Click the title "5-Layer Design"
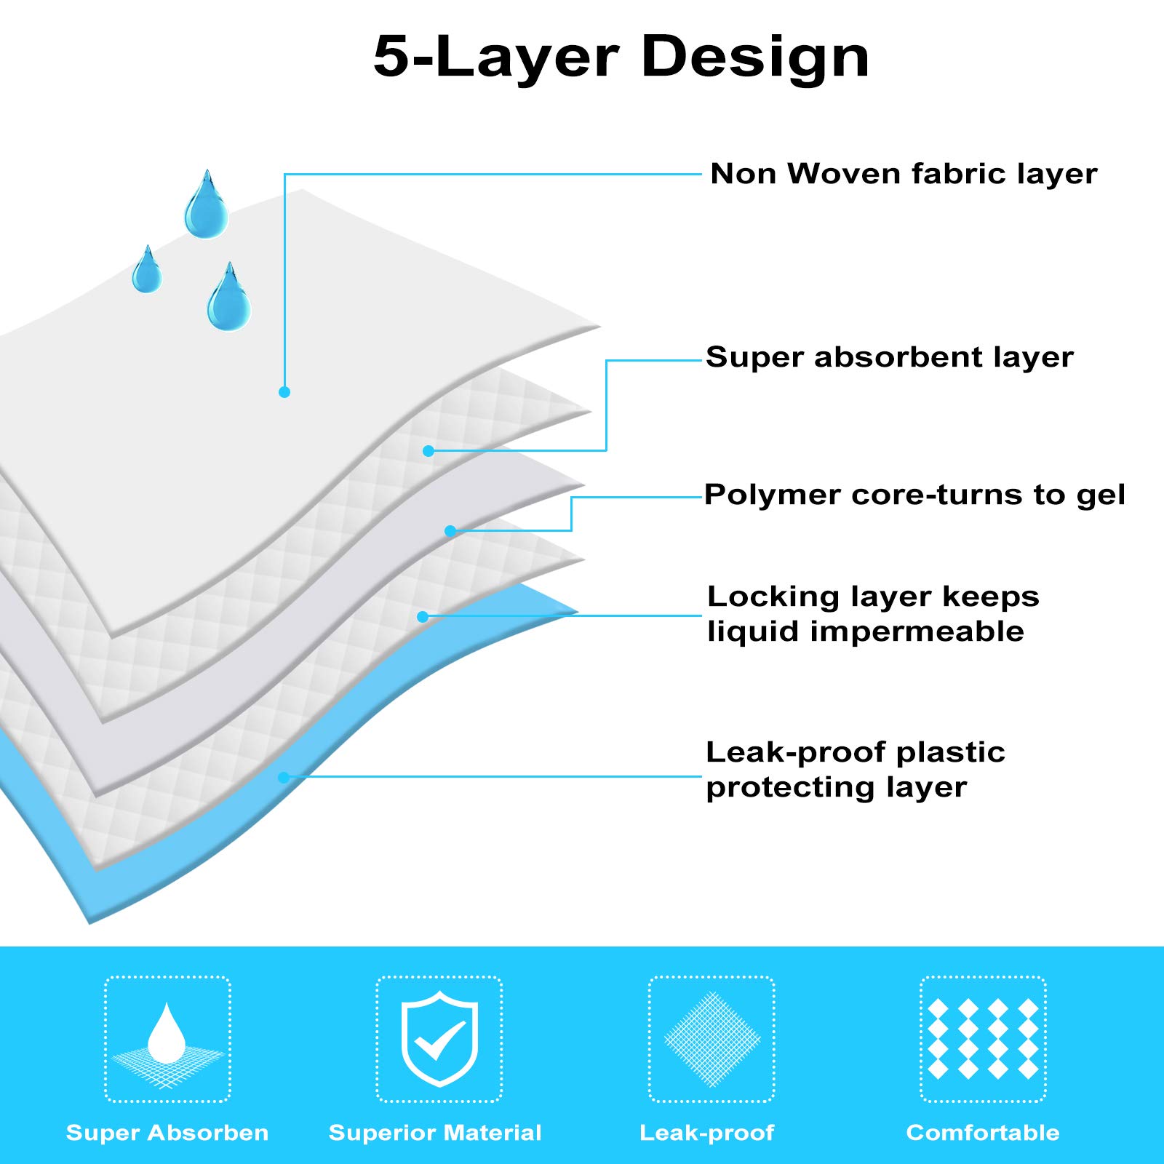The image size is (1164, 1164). coord(621,57)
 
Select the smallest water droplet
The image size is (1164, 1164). coord(147,271)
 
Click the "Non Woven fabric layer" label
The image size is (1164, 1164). coord(904,175)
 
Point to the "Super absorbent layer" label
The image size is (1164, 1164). coord(890,357)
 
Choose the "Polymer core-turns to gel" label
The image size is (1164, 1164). coord(914,495)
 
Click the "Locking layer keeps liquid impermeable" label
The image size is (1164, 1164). coord(873,614)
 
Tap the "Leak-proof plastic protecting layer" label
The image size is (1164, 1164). coord(856,770)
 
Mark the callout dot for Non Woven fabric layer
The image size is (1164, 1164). coord(284,392)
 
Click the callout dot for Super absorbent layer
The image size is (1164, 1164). coord(428,451)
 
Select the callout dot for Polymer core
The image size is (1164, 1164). coord(450,531)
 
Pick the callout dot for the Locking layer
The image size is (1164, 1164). coord(423,617)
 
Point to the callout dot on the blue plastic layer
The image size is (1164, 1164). coord(284,778)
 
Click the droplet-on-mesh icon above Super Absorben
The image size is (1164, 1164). coord(168,1039)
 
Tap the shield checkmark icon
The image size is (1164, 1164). coord(439,1039)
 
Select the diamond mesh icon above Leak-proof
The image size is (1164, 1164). coord(711,1039)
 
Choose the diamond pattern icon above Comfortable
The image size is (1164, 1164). coord(983,1039)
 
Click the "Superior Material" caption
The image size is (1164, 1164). coord(435,1133)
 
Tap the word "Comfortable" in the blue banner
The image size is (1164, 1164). coord(983,1133)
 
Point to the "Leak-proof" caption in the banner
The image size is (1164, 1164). coord(707,1133)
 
